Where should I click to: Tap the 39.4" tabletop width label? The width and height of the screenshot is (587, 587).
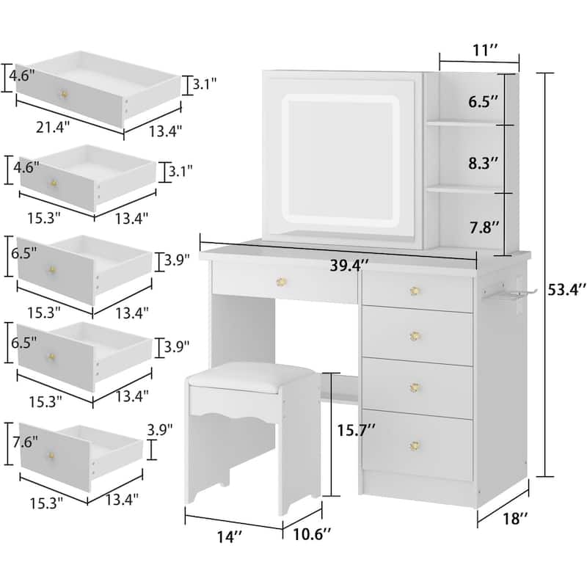tap(347, 267)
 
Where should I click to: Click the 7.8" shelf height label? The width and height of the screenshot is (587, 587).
tap(486, 228)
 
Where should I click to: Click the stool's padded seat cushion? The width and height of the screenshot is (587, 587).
tap(250, 376)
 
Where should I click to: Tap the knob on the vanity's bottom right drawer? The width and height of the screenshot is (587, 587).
tap(416, 445)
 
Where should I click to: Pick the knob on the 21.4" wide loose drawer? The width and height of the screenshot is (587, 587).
tap(63, 96)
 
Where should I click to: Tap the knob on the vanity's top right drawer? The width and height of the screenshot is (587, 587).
tap(415, 291)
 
